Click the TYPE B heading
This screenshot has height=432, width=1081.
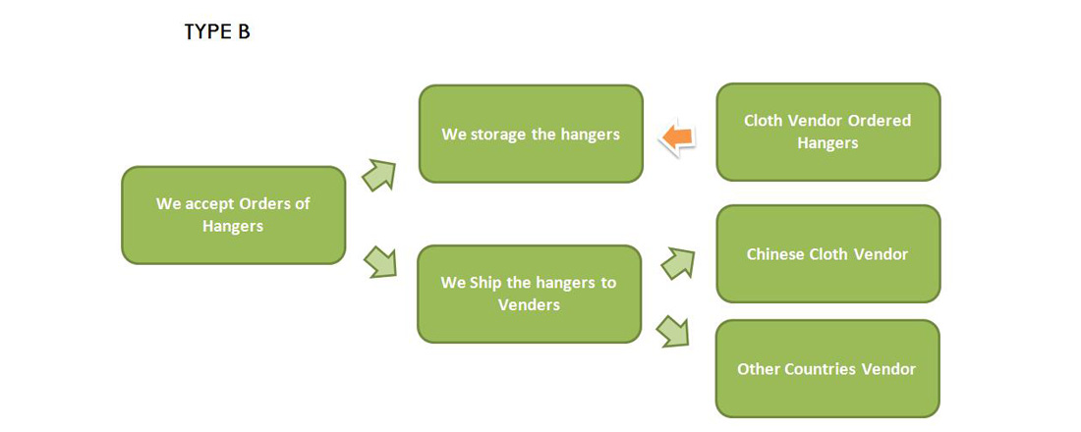(x=217, y=32)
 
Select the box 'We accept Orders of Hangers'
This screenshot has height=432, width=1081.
(x=234, y=215)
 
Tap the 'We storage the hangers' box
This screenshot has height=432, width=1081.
(x=531, y=134)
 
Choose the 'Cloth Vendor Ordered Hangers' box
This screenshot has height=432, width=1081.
(x=827, y=132)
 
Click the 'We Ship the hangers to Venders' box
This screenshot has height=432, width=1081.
(x=529, y=294)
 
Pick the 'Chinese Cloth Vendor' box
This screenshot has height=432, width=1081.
(x=827, y=254)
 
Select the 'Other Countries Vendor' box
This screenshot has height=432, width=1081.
(x=827, y=369)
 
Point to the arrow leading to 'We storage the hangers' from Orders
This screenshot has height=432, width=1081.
(x=379, y=175)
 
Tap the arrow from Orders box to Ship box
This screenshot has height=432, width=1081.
(x=379, y=262)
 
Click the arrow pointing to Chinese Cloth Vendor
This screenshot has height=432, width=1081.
(x=677, y=261)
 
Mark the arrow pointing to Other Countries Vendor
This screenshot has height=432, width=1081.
(x=673, y=331)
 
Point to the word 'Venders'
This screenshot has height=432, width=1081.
(x=529, y=304)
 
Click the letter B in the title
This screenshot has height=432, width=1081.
(x=243, y=32)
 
